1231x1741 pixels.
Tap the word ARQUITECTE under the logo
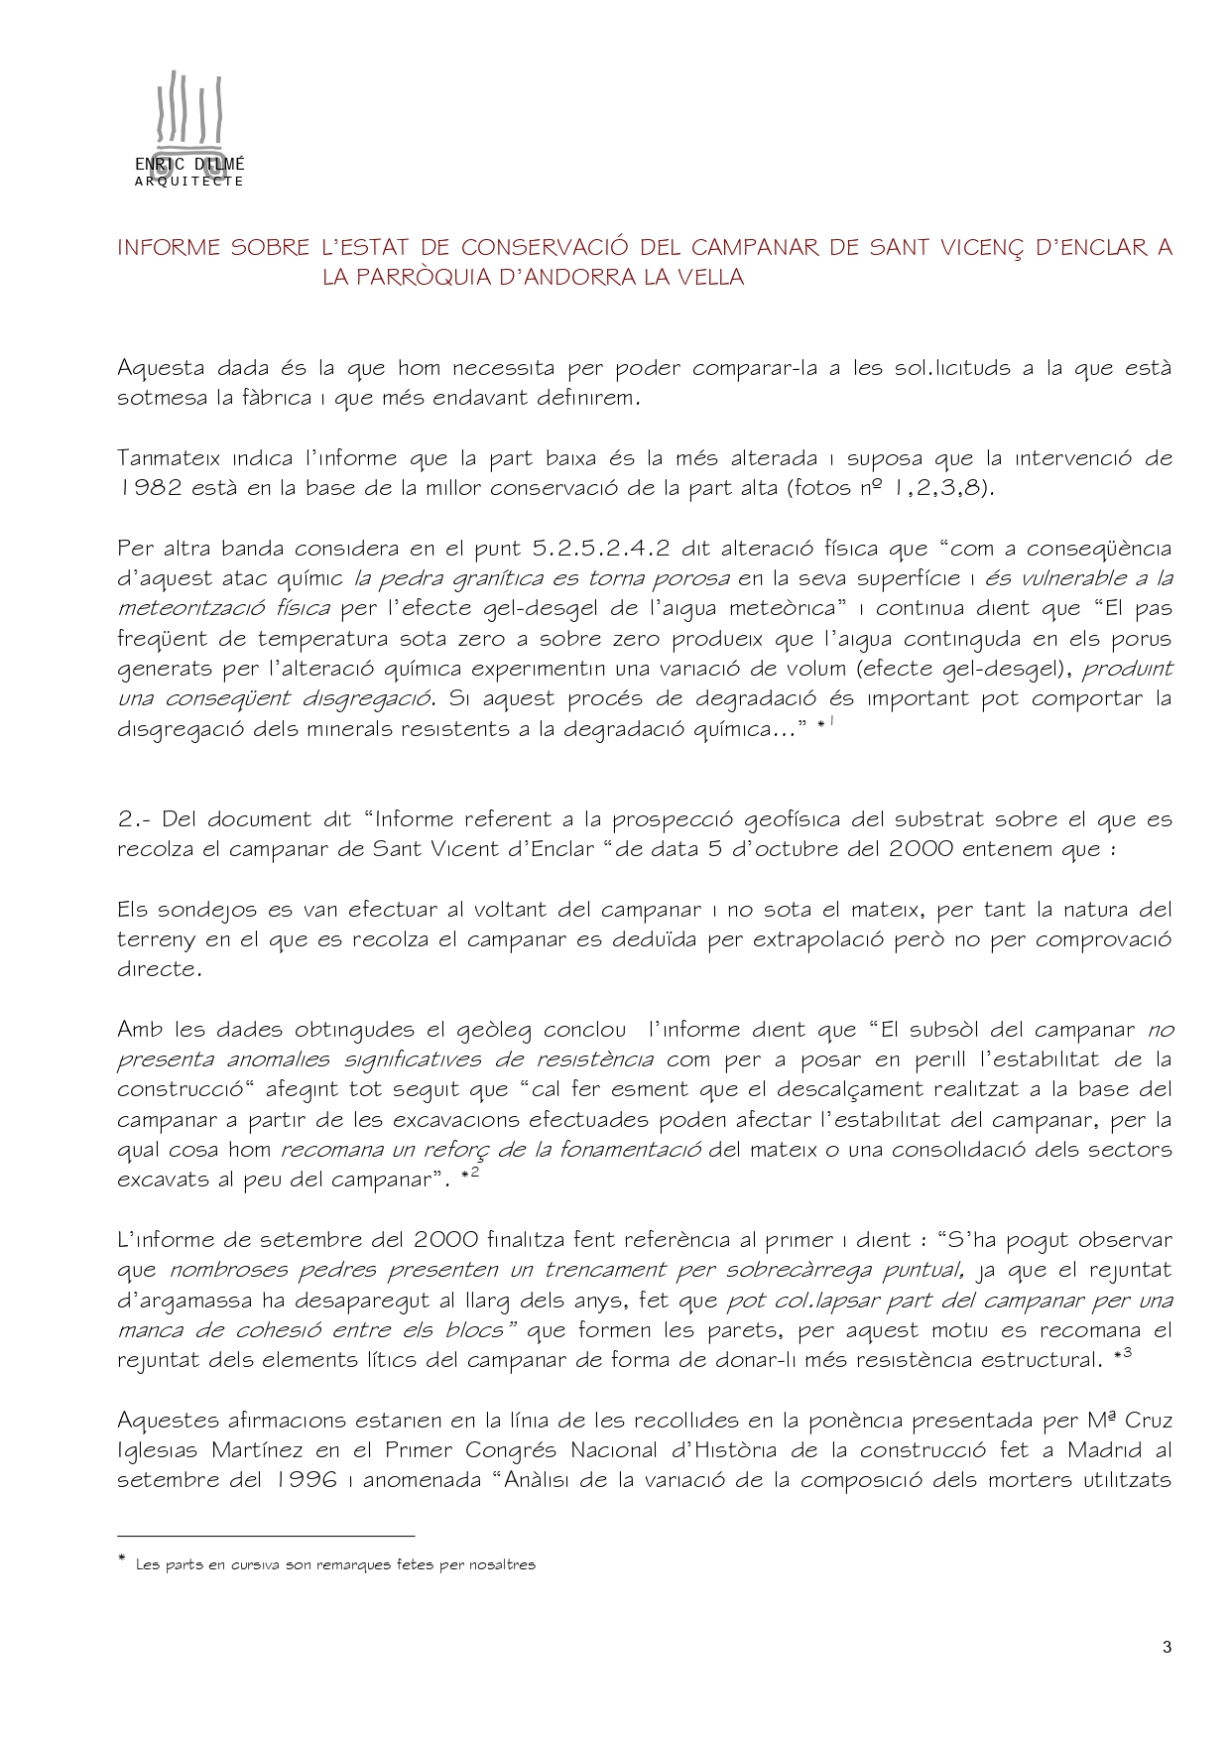(x=188, y=182)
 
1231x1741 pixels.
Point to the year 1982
(x=150, y=488)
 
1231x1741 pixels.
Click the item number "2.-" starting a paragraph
(x=134, y=819)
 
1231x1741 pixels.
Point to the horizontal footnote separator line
(x=265, y=1536)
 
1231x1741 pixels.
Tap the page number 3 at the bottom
(x=1167, y=1648)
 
